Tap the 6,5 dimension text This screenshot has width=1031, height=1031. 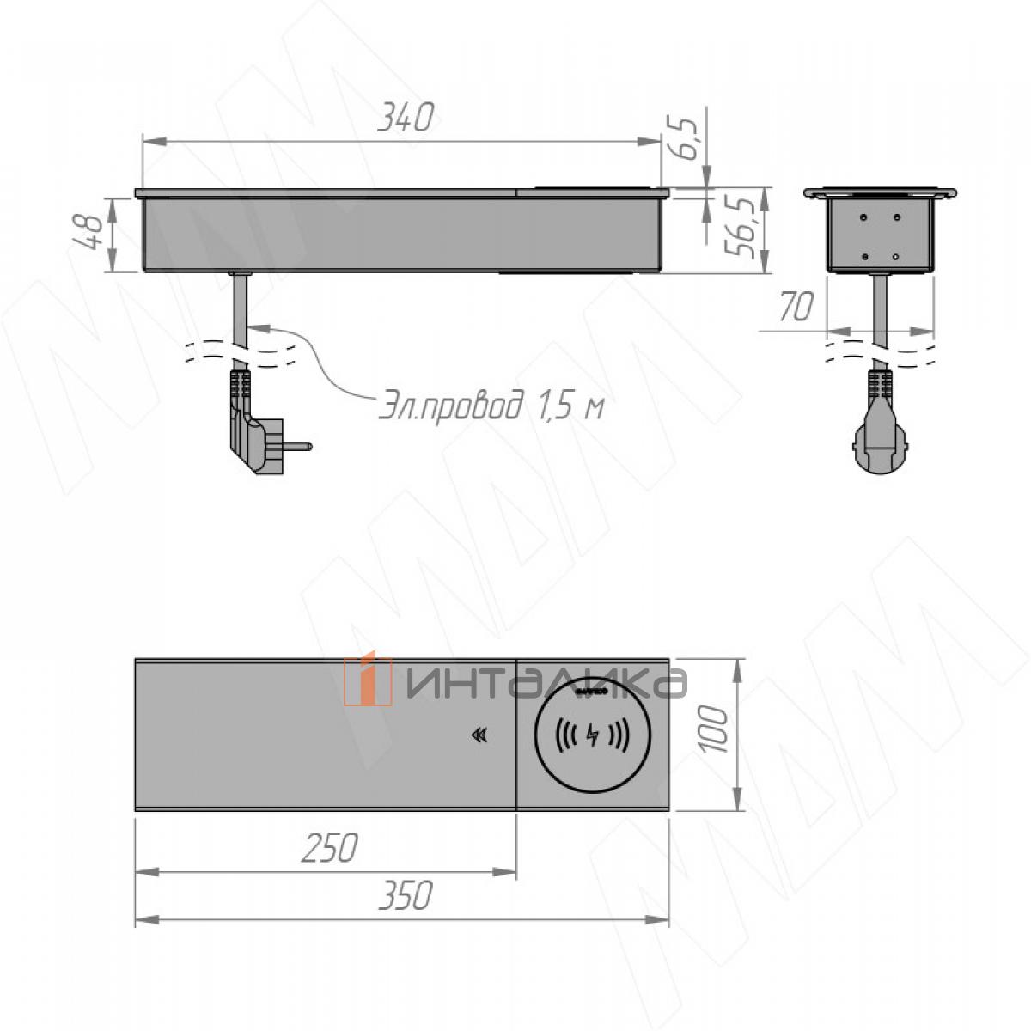tap(683, 138)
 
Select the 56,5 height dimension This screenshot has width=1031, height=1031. tap(741, 227)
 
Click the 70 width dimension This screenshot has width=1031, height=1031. tap(796, 307)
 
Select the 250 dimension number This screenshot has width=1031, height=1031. tap(328, 848)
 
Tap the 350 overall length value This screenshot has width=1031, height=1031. tap(405, 895)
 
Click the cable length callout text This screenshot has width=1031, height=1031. tap(491, 407)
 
